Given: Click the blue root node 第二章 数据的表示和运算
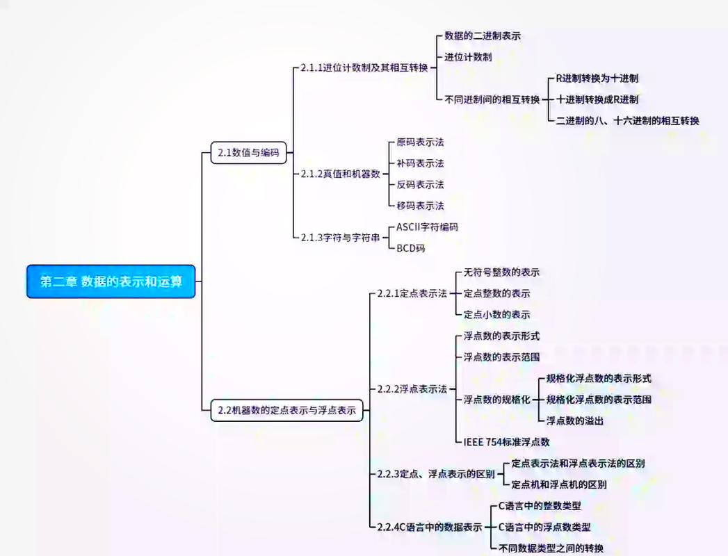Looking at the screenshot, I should tap(111, 281).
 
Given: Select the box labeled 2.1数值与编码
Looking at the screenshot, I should tap(248, 153).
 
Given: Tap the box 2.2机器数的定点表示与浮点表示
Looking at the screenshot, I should tap(286, 411).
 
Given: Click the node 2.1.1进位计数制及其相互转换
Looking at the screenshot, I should tap(364, 68).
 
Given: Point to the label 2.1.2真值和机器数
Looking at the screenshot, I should tap(341, 174).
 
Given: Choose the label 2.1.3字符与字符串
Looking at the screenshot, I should tap(341, 237).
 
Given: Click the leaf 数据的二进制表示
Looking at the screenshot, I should tap(483, 35).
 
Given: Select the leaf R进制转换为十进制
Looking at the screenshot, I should tap(597, 79).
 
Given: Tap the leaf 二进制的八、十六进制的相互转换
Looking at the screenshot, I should tap(627, 120).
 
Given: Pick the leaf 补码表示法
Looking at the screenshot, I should tap(420, 163).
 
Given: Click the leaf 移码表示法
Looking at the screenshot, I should tap(420, 206).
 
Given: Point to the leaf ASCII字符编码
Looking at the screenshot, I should tap(427, 227).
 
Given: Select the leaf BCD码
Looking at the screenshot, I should tap(410, 248).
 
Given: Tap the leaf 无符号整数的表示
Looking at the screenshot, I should tap(501, 272).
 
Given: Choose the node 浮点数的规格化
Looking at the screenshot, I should tap(496, 400).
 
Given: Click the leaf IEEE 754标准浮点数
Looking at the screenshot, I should tap(507, 441).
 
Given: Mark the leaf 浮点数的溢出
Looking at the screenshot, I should tap(574, 420).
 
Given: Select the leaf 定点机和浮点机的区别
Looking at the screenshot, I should tap(558, 484).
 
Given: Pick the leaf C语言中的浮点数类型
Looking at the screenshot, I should tap(544, 527).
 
